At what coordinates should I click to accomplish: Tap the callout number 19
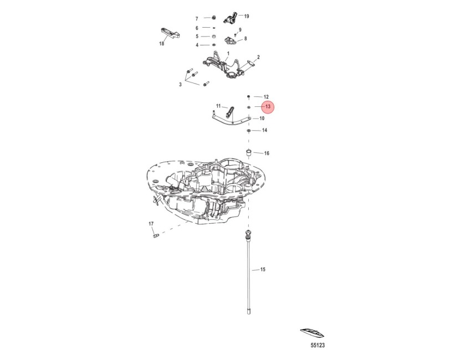(247, 16)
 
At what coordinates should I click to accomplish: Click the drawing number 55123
(318, 346)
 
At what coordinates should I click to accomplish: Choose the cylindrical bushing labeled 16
(249, 152)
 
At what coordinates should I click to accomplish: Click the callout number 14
(264, 130)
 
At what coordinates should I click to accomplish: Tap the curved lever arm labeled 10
(231, 120)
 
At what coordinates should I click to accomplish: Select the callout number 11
(218, 106)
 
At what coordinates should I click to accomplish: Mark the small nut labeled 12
(249, 97)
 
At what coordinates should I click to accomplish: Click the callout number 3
(180, 85)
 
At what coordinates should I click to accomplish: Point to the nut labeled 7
(213, 17)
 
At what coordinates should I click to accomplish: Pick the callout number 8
(245, 38)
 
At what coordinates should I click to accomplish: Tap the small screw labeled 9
(235, 35)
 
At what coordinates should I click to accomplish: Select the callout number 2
(258, 57)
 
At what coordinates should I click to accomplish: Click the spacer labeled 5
(213, 37)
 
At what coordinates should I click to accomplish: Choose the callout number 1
(228, 53)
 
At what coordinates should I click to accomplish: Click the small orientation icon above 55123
(313, 332)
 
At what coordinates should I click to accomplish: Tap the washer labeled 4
(213, 45)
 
